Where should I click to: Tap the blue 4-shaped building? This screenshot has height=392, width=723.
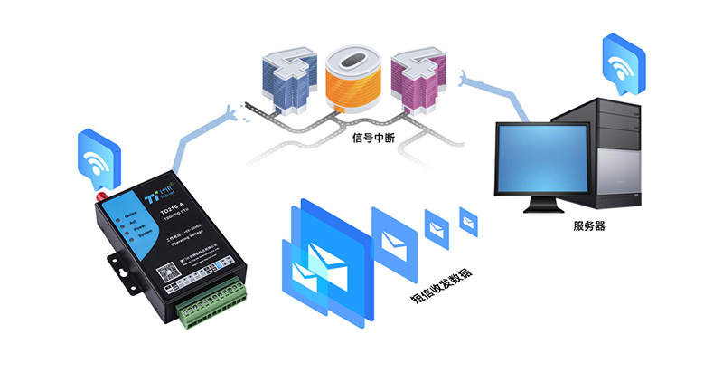pos(285,76)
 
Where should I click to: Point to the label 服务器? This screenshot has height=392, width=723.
pos(588,225)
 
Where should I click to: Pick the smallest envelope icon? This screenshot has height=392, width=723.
pos(468,219)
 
